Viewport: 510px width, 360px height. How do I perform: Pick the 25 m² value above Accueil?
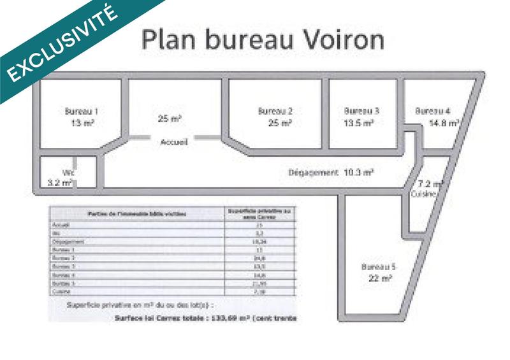(170, 119)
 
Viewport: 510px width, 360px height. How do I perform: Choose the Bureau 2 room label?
(275, 111)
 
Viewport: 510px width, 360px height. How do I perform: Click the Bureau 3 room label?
(361, 111)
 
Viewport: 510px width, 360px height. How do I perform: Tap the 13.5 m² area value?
(358, 123)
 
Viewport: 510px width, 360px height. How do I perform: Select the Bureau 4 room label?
(433, 111)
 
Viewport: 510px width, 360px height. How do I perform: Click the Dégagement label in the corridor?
(312, 173)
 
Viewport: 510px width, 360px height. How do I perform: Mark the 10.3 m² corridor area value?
(358, 172)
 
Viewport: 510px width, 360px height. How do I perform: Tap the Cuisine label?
(423, 193)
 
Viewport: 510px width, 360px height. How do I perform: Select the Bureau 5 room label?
(379, 266)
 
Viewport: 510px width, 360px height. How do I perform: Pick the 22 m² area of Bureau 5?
(380, 278)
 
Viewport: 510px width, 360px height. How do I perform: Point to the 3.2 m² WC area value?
(61, 183)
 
